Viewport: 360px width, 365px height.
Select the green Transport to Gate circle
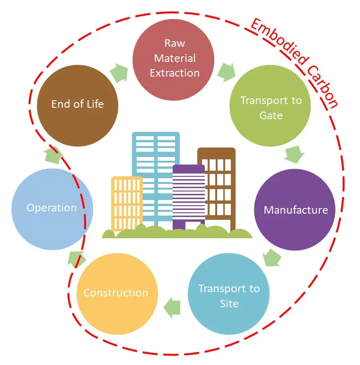(x=270, y=108)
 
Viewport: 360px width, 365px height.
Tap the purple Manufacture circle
(x=295, y=209)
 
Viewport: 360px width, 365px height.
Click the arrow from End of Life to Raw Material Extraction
(x=119, y=73)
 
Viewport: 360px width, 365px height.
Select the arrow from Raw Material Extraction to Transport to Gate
(x=227, y=72)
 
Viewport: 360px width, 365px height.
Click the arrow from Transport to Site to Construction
(x=172, y=307)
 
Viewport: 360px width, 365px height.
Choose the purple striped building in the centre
(x=189, y=194)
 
